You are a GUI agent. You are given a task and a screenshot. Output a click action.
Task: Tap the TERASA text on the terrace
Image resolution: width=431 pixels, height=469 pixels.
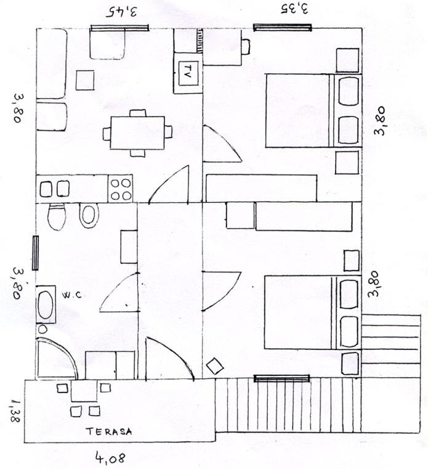(109, 431)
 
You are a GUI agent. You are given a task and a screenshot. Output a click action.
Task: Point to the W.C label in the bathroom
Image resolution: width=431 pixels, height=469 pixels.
(72, 296)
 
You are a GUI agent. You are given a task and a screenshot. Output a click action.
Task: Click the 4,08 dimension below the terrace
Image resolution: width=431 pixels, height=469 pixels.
(110, 458)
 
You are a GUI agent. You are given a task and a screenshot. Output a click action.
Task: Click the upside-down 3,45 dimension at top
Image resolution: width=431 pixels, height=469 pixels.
(122, 11)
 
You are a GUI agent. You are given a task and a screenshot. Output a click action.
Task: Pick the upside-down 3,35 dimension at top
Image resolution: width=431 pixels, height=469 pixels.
(294, 9)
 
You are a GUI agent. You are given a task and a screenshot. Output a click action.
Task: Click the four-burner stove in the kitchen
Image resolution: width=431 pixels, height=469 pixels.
(121, 189)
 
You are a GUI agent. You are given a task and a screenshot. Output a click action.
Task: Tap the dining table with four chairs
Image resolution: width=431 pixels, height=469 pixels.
(137, 133)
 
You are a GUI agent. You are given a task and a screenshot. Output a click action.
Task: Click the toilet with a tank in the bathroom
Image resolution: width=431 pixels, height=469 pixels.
(57, 216)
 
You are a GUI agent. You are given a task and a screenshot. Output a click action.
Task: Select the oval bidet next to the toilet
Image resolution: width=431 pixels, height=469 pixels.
(89, 215)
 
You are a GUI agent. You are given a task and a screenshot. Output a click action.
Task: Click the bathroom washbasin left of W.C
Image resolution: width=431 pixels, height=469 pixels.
(46, 304)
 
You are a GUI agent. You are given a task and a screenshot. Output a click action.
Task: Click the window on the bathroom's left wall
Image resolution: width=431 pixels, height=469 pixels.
(35, 253)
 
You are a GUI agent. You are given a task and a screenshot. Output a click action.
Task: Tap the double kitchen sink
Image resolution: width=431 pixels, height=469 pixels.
(55, 189)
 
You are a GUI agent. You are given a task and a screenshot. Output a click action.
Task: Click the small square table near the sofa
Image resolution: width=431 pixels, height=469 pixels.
(85, 80)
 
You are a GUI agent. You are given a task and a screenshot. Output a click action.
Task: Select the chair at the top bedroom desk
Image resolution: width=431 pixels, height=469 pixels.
(246, 47)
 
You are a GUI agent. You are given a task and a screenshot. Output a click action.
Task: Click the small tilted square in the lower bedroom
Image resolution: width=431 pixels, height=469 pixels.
(215, 366)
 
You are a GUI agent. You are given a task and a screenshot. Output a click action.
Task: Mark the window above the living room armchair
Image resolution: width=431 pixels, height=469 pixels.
(119, 28)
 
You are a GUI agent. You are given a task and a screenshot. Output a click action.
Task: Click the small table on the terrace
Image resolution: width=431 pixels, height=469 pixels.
(84, 391)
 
